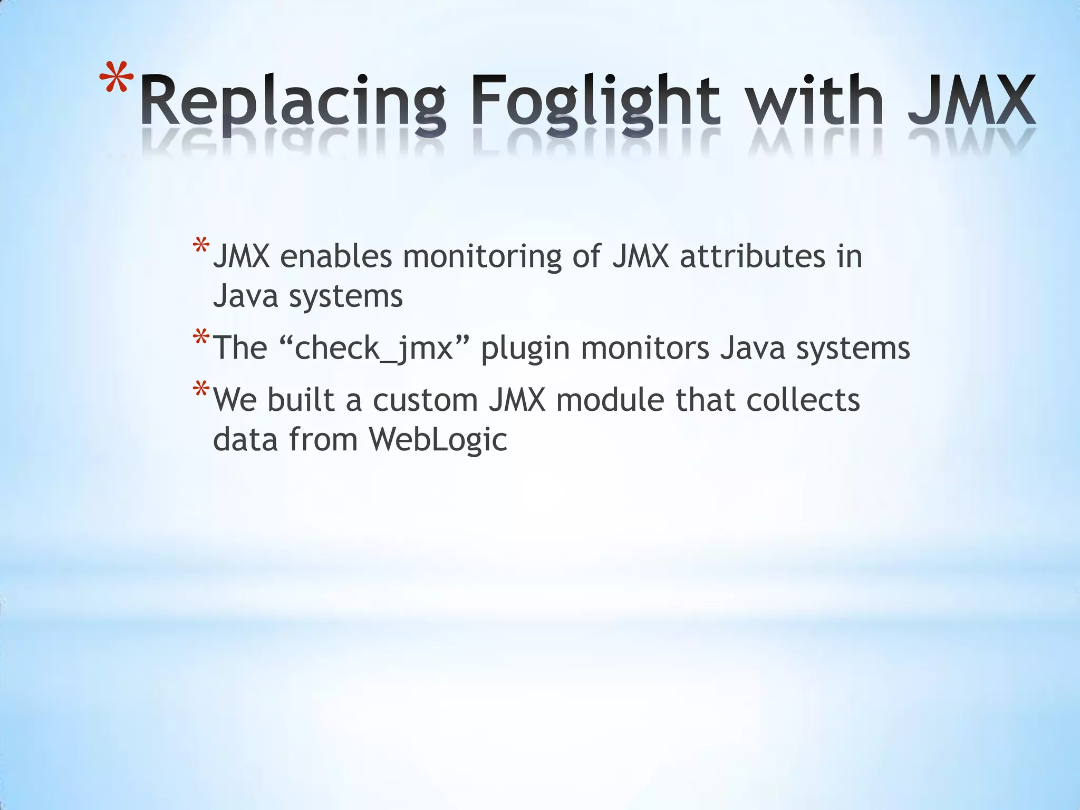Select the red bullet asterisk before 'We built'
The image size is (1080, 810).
[x=201, y=391]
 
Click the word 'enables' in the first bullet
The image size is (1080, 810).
[x=336, y=257]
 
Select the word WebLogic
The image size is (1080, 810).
[x=438, y=439]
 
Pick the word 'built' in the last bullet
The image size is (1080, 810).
[x=301, y=400]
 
